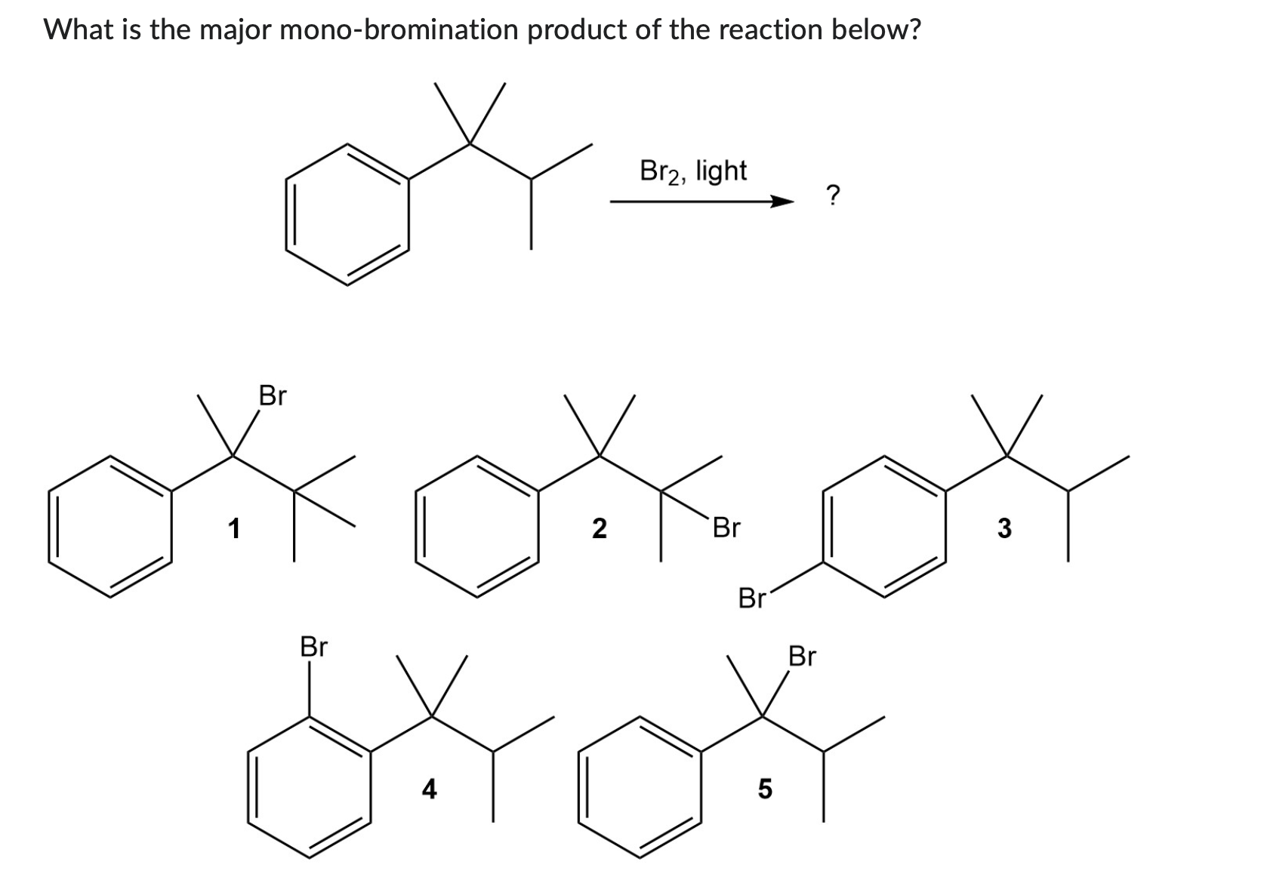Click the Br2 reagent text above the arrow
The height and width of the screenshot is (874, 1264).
pos(660,171)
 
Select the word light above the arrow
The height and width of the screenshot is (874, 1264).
pos(721,171)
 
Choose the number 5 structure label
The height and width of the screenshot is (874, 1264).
pos(764,789)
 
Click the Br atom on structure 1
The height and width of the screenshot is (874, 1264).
pos(273,395)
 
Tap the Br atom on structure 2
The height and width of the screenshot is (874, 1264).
pos(726,528)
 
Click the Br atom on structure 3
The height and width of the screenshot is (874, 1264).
pos(752,599)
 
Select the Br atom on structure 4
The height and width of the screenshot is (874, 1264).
pos(314,647)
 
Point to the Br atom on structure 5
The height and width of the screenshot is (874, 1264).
pos(802,657)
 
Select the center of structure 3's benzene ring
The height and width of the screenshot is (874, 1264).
pos(884,526)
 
